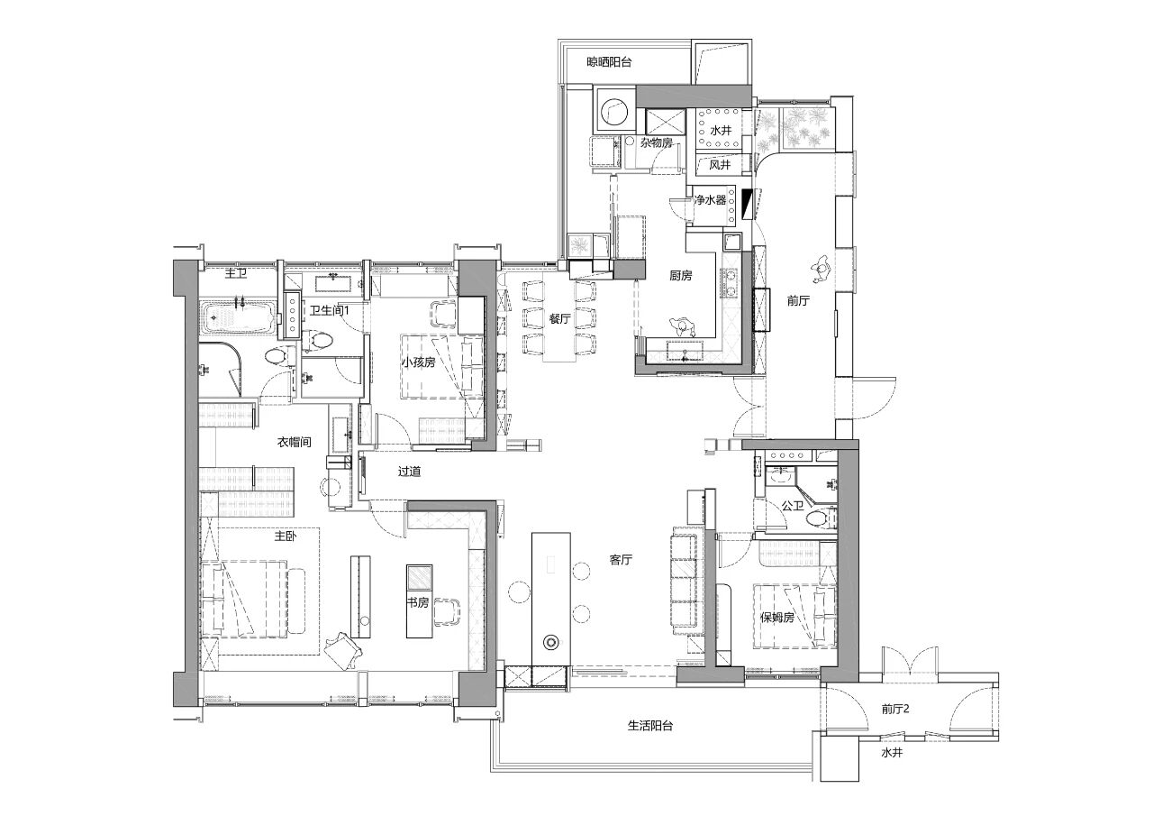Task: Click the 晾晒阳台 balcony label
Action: (609, 62)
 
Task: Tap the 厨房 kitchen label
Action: (680, 276)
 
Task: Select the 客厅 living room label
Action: (621, 559)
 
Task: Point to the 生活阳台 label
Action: (650, 726)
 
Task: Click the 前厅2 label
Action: (895, 709)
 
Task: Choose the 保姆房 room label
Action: (777, 617)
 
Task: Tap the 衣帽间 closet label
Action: (294, 442)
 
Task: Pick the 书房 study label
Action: (417, 602)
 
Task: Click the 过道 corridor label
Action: (409, 472)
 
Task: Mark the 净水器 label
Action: (710, 200)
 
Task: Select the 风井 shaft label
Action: (720, 165)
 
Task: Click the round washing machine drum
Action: (613, 112)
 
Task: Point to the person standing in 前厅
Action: (821, 269)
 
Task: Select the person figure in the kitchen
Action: (682, 327)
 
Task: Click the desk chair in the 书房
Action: (447, 611)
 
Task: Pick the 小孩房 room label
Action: (418, 362)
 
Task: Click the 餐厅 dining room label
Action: (559, 319)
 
